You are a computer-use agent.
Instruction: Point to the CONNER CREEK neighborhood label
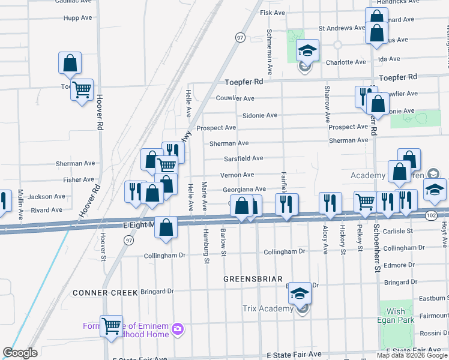[x=106, y=293]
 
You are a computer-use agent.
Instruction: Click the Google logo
[x=20, y=353]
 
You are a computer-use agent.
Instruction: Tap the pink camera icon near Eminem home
[x=177, y=329]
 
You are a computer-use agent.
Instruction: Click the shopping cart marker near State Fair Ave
[x=111, y=326]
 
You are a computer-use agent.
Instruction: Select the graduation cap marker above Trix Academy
[x=300, y=293]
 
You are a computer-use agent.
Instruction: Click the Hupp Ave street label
[x=77, y=18]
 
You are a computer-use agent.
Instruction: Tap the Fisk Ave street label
[x=272, y=13]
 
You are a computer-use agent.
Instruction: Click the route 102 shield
[x=432, y=214]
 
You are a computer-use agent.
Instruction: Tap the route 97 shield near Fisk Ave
[x=240, y=37]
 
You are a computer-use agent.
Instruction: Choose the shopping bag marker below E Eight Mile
[x=166, y=227]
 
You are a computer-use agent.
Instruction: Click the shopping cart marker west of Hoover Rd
[x=82, y=90]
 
